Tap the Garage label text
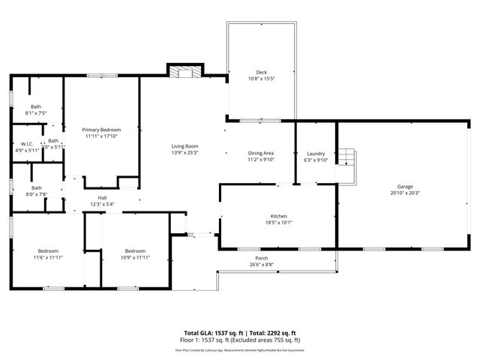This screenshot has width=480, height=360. point(405,187)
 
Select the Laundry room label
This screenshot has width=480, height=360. point(316,153)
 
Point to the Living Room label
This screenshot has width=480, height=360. point(184,145)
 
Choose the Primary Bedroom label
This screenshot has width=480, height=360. point(102,130)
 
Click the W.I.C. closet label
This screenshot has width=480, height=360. point(27,144)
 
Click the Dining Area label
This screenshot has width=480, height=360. point(261,153)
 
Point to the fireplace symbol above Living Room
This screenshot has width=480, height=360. point(184,72)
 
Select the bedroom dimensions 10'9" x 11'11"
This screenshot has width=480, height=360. point(135,257)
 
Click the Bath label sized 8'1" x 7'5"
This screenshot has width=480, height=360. point(36,106)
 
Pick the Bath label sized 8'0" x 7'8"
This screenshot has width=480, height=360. point(36,188)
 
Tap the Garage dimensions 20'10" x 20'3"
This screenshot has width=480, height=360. point(405,193)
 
